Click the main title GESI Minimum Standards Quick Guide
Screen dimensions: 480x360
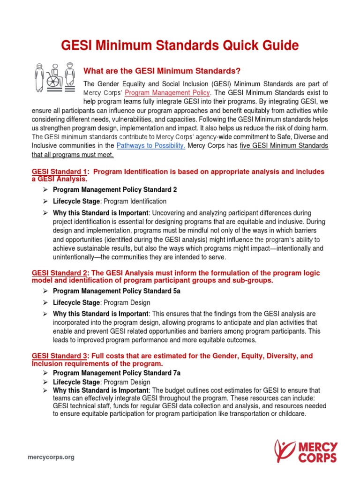pyautogui.click(x=180, y=45)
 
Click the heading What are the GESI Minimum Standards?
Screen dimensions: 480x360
pyautogui.click(x=162, y=71)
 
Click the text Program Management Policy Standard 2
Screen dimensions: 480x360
pyautogui.click(x=108, y=189)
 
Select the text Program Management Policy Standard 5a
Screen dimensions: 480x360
pyautogui.click(x=110, y=291)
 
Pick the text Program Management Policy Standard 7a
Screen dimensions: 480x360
pyautogui.click(x=110, y=373)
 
